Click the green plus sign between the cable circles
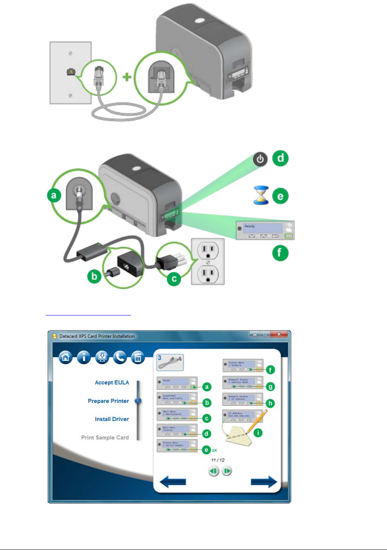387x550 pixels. [127, 76]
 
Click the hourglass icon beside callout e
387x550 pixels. [261, 196]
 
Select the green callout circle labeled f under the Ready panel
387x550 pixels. [280, 252]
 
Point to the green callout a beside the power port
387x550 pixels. [54, 196]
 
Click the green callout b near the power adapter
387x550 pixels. [94, 276]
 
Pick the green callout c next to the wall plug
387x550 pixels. [174, 279]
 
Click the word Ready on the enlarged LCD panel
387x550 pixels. [250, 226]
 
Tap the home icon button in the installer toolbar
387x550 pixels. [65, 357]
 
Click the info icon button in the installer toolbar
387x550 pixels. [83, 357]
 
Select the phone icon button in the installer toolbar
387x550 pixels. [120, 357]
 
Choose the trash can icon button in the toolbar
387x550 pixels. [138, 357]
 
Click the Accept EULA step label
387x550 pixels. [112, 382]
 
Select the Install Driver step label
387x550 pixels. [112, 419]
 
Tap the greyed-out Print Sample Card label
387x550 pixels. [105, 437]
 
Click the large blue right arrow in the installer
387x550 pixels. [264, 482]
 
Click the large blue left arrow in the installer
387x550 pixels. [173, 482]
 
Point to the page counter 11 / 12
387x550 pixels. [218, 460]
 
